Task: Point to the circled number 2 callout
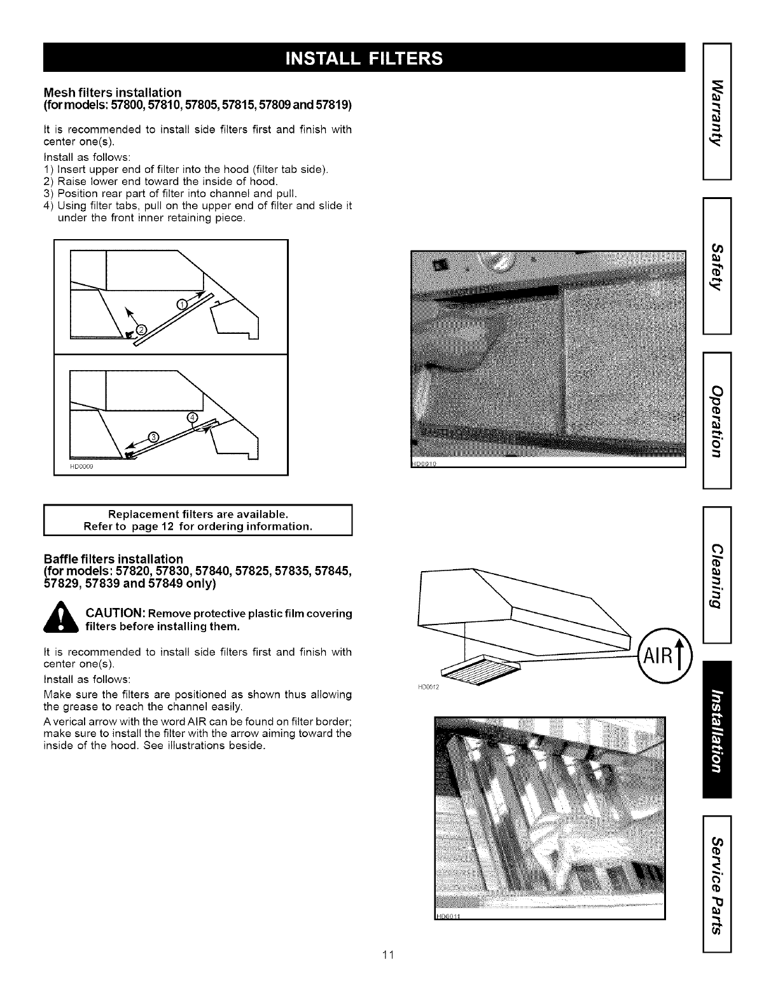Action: pos(142,329)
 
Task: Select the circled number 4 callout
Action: pos(193,417)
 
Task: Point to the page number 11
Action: pos(389,955)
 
